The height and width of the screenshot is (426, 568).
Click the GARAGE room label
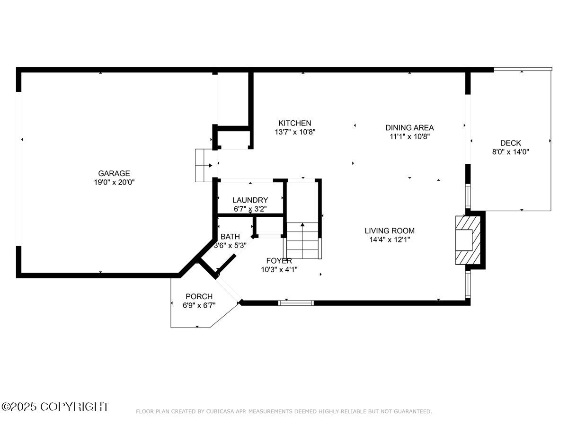pyautogui.click(x=114, y=173)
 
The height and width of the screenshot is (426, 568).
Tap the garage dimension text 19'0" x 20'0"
pyautogui.click(x=114, y=182)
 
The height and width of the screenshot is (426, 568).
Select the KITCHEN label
pyautogui.click(x=294, y=123)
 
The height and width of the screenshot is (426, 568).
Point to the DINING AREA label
pyautogui.click(x=409, y=127)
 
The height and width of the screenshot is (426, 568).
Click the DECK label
pyautogui.click(x=511, y=143)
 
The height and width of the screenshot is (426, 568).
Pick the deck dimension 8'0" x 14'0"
pyautogui.click(x=511, y=152)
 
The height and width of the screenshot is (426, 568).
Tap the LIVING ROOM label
pyautogui.click(x=390, y=231)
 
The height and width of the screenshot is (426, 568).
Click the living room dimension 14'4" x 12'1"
pyautogui.click(x=390, y=240)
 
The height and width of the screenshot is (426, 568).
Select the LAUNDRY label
pyautogui.click(x=250, y=200)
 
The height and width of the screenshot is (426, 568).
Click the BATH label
pyautogui.click(x=230, y=237)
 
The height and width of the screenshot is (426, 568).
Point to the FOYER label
pyautogui.click(x=279, y=261)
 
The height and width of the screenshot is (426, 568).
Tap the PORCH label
pyautogui.click(x=199, y=297)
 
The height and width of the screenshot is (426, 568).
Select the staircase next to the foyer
pyautogui.click(x=303, y=240)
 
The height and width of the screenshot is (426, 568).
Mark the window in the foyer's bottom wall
pyautogui.click(x=296, y=302)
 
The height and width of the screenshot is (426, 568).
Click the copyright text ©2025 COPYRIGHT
pyautogui.click(x=54, y=407)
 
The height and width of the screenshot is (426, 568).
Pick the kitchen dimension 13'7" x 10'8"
pyautogui.click(x=294, y=132)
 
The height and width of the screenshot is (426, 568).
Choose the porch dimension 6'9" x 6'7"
pyautogui.click(x=199, y=306)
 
